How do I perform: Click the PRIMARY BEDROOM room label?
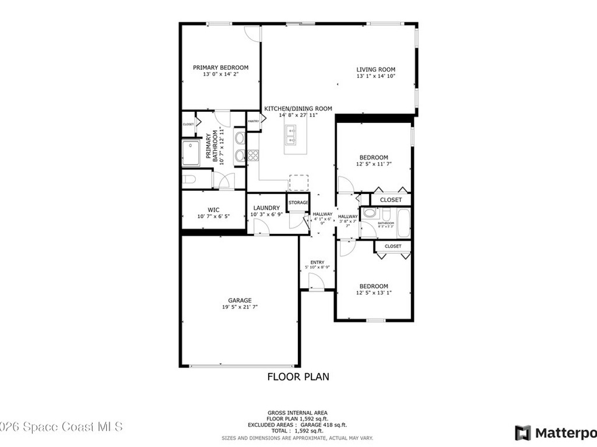coord(220,68)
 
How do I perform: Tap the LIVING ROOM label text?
coord(376,69)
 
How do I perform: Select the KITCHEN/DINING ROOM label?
coord(298,108)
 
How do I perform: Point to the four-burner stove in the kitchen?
coord(253,155)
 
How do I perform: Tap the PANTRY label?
coord(253,121)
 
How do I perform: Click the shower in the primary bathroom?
coord(191,153)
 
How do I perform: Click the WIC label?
coord(213,210)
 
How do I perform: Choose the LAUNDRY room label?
coord(266,208)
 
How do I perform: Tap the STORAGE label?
coord(298,203)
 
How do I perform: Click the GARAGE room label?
coord(240,300)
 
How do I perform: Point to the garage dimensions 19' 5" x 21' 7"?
coord(240,307)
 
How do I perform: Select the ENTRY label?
coord(317,262)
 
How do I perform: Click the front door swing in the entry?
coord(316,282)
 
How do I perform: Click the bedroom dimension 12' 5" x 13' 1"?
coord(374,293)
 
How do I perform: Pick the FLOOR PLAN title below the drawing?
coord(298,377)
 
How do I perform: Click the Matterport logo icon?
coord(523,433)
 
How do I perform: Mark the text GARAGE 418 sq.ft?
coord(324,425)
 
